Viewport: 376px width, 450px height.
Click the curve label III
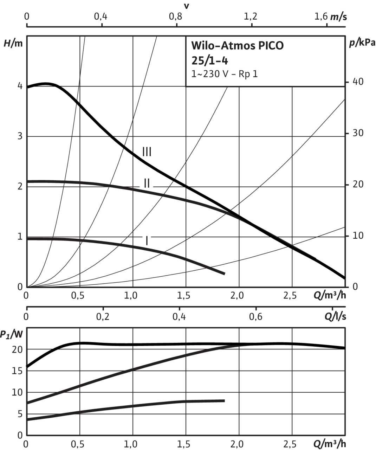(x=147, y=152)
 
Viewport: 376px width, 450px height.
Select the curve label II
(x=147, y=183)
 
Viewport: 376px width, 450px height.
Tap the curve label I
(x=147, y=240)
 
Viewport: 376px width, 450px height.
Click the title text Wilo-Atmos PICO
(x=237, y=46)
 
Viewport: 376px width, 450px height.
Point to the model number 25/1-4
(x=210, y=61)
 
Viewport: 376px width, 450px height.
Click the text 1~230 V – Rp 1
(x=225, y=75)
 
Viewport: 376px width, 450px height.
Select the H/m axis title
(x=13, y=44)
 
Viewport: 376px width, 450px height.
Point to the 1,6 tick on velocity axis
(x=320, y=17)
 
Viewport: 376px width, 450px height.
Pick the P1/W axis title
(x=11, y=335)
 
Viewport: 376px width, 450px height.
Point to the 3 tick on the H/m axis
(x=20, y=136)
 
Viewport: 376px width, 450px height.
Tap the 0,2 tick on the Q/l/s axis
(x=103, y=316)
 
